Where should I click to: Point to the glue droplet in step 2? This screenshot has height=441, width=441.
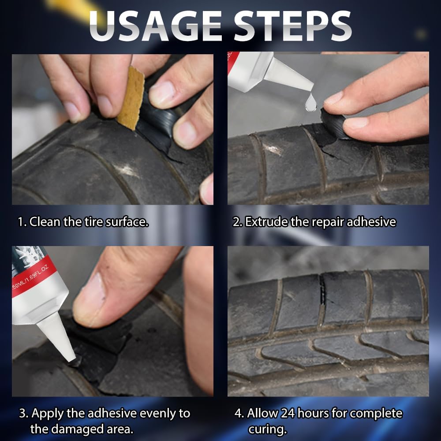click(x=311, y=102)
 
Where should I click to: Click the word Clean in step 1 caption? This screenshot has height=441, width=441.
click(x=45, y=222)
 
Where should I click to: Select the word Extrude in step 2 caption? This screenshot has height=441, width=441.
click(x=266, y=222)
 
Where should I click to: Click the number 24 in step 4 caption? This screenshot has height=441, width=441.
click(x=287, y=413)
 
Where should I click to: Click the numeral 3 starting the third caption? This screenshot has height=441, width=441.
click(x=22, y=414)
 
